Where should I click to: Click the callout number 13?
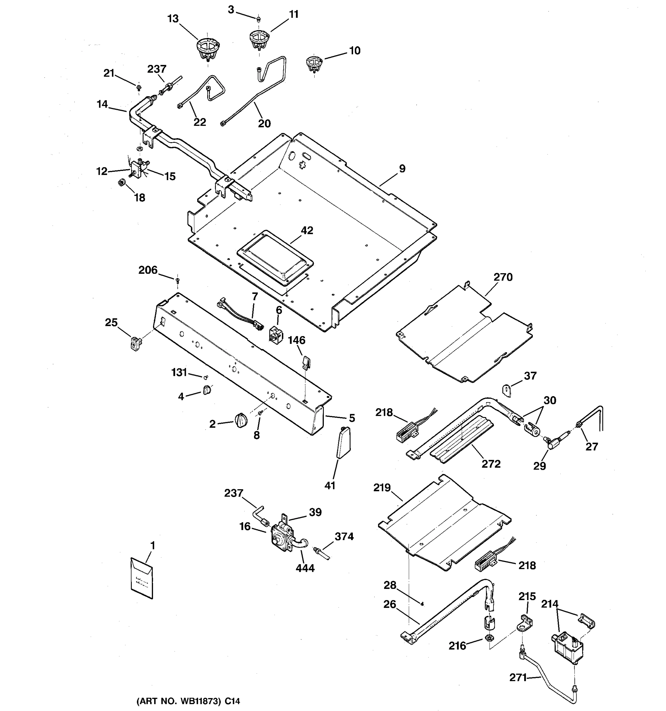click(x=173, y=19)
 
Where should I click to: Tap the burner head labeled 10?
click(x=314, y=64)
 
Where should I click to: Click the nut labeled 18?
click(x=121, y=183)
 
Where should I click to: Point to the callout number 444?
click(x=305, y=568)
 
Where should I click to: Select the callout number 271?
click(x=518, y=678)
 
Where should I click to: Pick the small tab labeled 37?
click(x=507, y=390)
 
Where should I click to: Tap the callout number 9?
click(x=402, y=169)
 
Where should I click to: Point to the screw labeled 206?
click(x=177, y=279)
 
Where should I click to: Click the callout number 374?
click(x=344, y=537)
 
